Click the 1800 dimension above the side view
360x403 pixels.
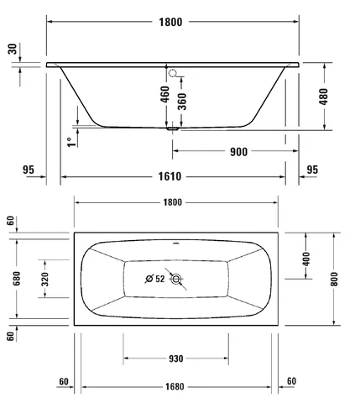[x=170, y=22]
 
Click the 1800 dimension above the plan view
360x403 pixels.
[x=173, y=202]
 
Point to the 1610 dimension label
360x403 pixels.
[x=170, y=176]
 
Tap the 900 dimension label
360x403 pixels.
[x=238, y=152]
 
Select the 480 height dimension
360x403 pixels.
[x=324, y=97]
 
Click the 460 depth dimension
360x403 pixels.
[x=165, y=94]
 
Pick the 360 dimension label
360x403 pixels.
[x=182, y=102]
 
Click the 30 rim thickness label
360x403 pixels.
[x=13, y=49]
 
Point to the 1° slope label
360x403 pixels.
[x=71, y=142]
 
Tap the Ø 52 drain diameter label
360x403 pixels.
[x=155, y=279]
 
